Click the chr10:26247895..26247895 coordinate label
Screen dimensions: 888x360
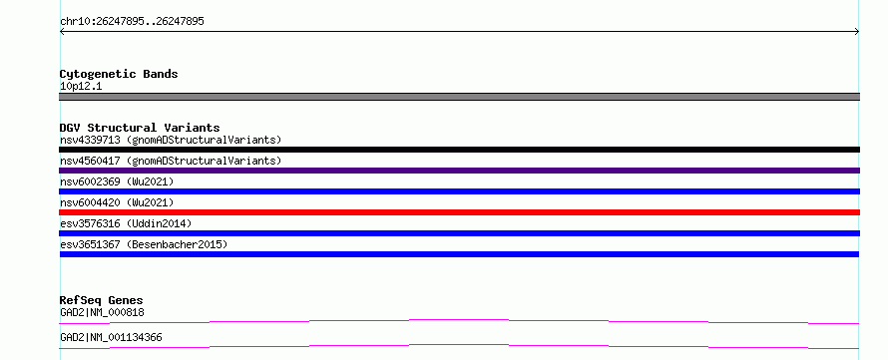132,22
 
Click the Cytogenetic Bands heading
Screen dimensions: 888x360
119,74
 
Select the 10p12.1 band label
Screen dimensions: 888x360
81,87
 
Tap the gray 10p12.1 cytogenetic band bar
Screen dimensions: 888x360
459,97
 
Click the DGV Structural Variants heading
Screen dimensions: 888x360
140,128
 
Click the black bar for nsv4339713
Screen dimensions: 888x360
459,150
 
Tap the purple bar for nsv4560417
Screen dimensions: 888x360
459,171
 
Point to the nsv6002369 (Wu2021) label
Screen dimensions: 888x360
117,181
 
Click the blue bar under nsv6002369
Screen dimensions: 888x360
459,191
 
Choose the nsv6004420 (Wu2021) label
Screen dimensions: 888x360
117,202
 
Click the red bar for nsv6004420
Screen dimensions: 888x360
459,212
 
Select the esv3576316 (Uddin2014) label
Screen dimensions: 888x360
126,223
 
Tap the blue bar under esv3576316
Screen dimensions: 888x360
459,233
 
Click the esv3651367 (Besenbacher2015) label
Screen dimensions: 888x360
144,244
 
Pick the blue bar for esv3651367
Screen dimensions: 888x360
459,254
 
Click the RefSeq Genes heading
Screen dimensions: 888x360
102,300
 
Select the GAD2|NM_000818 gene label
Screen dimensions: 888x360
102,312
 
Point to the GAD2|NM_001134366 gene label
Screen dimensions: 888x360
111,337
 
